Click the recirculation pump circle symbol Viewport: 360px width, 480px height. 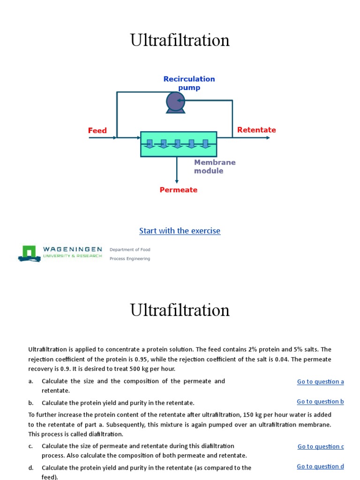176,101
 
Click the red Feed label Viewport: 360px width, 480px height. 97,130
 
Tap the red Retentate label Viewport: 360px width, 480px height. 256,130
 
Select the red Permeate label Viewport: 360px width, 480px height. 179,190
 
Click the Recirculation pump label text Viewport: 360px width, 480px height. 189,83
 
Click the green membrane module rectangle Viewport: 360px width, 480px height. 179,144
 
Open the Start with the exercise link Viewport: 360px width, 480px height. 180,231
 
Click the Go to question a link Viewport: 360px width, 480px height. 320,382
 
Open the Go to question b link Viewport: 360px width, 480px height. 320,401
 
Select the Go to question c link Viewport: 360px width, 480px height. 321,446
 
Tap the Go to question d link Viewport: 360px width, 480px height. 320,466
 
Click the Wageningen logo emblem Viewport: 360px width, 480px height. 29,253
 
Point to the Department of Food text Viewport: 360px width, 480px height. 130,249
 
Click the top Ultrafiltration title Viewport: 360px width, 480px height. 180,40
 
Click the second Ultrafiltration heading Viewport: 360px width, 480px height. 180,310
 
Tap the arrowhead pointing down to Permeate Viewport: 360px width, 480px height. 177,181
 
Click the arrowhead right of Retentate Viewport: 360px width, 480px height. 268,138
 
